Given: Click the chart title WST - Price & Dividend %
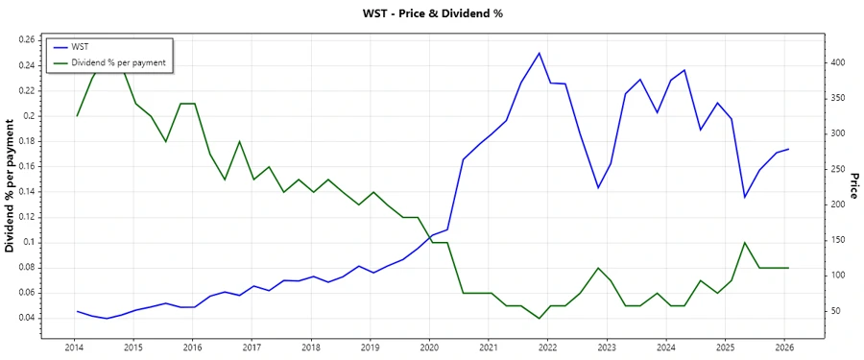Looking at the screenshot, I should point(432,13).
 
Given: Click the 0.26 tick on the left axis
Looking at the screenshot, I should point(26,40).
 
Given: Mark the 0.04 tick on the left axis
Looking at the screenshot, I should point(26,318).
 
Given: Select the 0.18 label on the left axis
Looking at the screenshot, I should point(26,141).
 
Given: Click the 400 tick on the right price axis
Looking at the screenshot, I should point(838,62).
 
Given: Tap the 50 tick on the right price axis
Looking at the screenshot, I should point(835,311).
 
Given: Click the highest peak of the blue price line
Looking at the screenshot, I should point(540,53).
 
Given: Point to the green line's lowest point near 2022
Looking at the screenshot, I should point(539,318).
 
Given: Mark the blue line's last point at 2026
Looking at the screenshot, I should point(788,150).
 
